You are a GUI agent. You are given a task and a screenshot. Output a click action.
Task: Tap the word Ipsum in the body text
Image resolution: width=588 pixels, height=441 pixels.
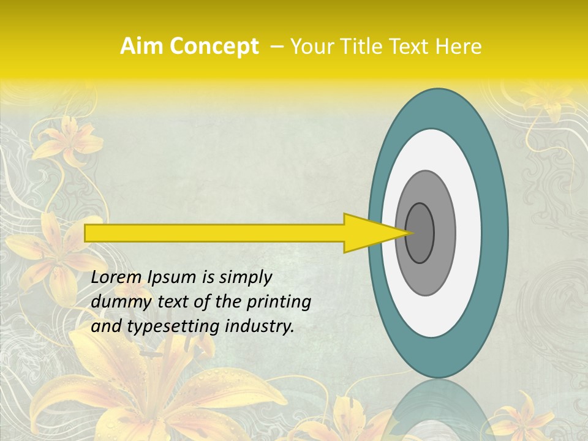point(173,277)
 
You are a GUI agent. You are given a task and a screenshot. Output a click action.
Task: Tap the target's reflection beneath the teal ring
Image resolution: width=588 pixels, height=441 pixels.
point(437,410)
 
